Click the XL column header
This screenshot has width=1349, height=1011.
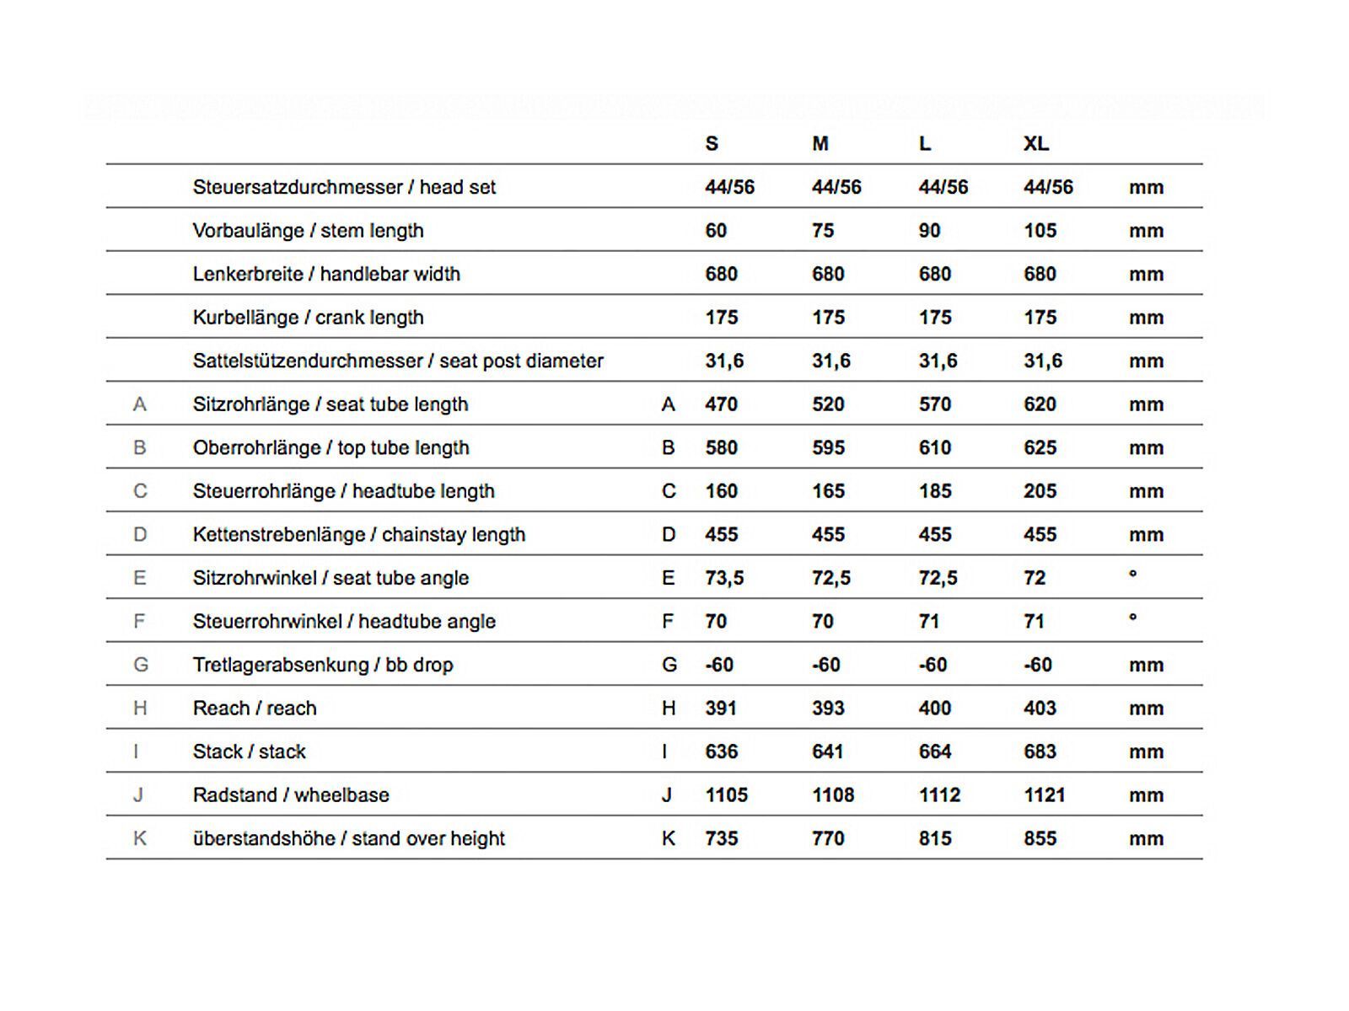pos(1036,144)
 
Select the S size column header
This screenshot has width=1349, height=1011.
pos(712,144)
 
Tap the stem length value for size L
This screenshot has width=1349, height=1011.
pos(929,231)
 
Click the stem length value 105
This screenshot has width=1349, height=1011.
pos(1040,231)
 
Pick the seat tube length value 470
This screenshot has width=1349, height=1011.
pos(721,404)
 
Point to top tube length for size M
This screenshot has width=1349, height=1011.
pos(828,448)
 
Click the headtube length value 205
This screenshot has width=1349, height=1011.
pos(1040,491)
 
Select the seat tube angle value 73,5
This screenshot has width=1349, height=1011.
pos(724,578)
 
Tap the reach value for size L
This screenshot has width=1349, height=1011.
pos(935,709)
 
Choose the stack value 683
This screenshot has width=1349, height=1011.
pos(1040,752)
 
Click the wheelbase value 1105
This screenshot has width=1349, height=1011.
pos(726,795)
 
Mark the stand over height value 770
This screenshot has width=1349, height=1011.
pos(828,838)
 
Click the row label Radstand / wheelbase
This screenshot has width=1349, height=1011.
pos(291,795)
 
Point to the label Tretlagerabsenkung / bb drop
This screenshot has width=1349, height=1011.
pos(323,665)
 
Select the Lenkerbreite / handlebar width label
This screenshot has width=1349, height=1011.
pos(326,274)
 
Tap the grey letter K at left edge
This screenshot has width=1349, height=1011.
pos(140,838)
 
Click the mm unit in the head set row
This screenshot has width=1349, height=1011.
pos(1146,188)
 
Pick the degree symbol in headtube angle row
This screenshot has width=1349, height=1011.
pos(1132,618)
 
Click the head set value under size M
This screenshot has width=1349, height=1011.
pos(836,187)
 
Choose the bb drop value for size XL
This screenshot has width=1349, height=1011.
pos(1038,665)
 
